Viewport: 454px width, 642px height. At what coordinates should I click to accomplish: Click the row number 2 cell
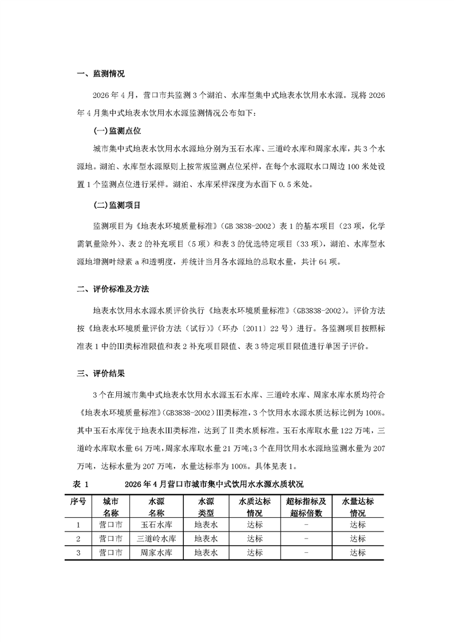(78, 539)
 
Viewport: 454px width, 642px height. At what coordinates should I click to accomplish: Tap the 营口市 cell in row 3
(110, 553)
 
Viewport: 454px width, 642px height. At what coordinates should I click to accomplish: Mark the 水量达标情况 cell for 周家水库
(358, 553)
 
